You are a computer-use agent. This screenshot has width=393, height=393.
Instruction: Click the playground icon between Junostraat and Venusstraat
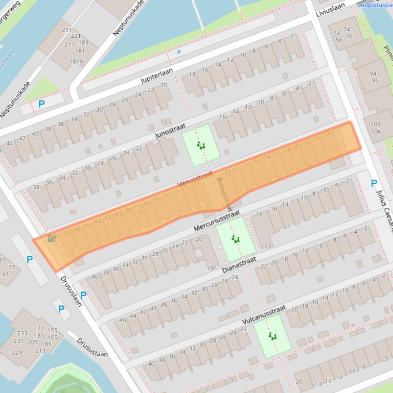coord(202,146)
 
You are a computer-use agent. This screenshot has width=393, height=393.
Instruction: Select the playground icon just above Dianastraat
coord(235,239)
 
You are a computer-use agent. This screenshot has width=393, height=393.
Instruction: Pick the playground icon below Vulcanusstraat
coord(272,336)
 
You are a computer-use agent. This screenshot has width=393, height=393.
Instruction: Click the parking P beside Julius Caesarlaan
coord(374,183)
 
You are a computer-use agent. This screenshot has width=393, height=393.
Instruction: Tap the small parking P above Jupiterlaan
coord(179,53)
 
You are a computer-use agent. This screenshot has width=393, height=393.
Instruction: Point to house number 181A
coord(76,62)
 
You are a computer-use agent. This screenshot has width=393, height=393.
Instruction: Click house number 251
coord(67,30)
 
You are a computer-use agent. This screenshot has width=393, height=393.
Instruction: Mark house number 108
coord(376,124)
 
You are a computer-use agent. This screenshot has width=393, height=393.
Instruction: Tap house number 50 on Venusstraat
coord(66,234)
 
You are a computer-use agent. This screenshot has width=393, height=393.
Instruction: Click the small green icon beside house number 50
coord(51,238)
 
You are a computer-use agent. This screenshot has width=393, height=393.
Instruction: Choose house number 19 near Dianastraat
coord(210,268)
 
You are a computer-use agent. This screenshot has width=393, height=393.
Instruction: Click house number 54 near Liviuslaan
coord(337,33)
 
